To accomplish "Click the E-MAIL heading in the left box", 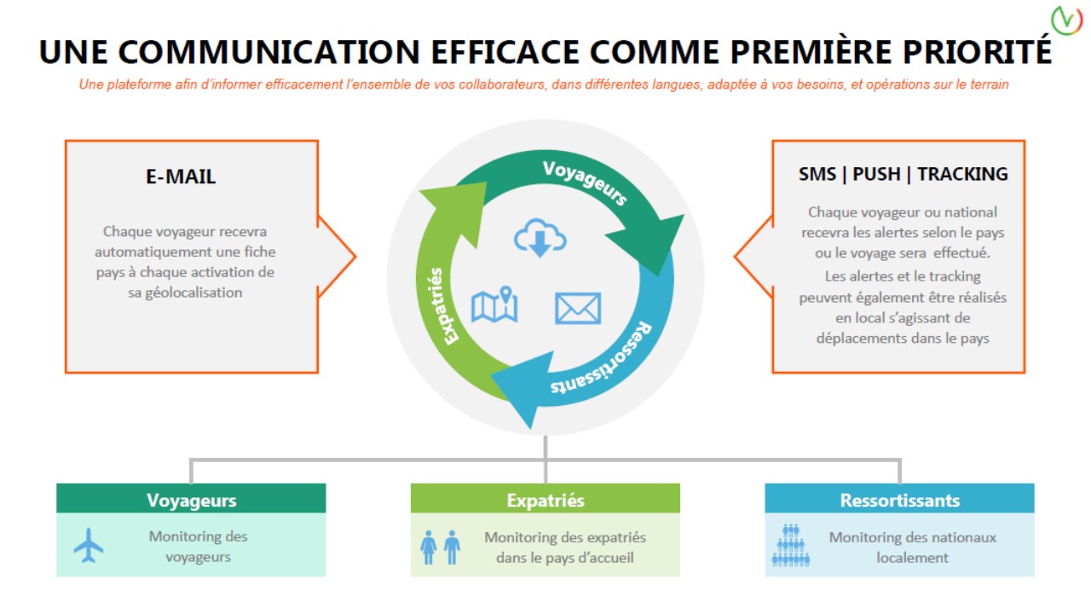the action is click(x=181, y=177).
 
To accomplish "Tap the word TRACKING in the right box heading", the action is click(x=962, y=174).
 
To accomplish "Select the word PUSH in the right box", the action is click(x=876, y=174).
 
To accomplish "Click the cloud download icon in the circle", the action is click(x=540, y=238).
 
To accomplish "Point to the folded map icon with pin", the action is click(x=494, y=304).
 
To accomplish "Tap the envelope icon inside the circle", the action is click(x=578, y=309).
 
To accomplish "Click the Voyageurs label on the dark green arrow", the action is click(x=585, y=182).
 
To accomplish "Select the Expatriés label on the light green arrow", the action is click(x=443, y=306).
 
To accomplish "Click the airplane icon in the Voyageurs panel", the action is click(x=88, y=545).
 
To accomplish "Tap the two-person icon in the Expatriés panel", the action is click(x=440, y=547).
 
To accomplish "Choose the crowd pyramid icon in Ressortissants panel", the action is click(x=790, y=545).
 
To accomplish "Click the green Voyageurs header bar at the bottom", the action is click(x=191, y=498).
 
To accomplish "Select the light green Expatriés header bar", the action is click(x=545, y=498).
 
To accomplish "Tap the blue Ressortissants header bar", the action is click(x=899, y=498).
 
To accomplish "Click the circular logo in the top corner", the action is click(x=1066, y=20).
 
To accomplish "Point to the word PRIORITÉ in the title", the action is click(x=978, y=52).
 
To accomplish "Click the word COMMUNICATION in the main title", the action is click(x=268, y=52).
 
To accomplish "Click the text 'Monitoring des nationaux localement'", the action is click(x=912, y=547).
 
